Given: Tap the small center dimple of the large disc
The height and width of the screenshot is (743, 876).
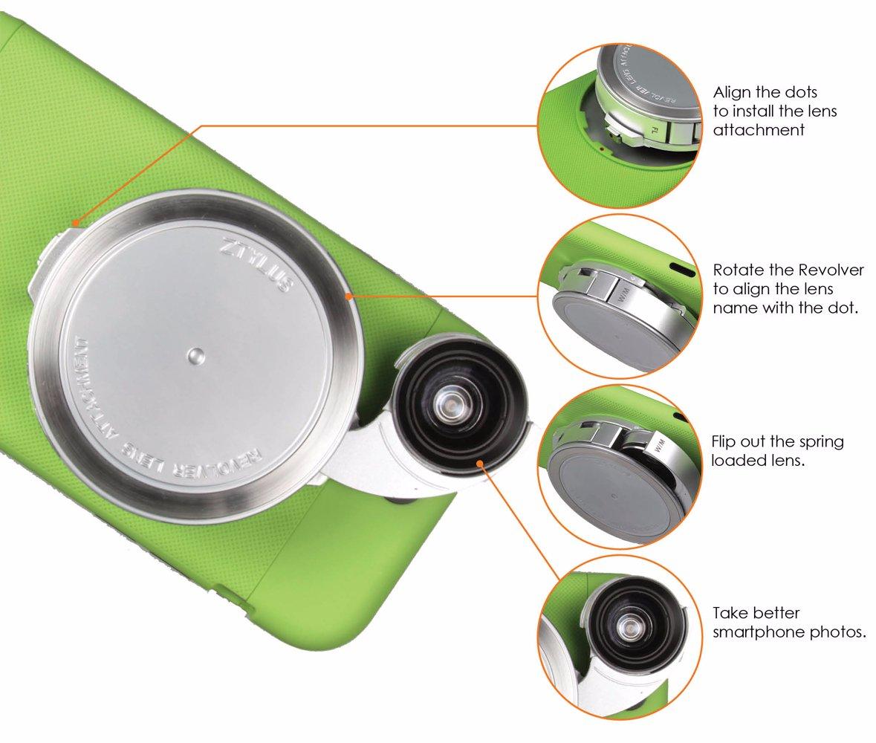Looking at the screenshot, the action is click(195, 355).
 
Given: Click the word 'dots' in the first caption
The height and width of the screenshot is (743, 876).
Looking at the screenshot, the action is click(802, 92).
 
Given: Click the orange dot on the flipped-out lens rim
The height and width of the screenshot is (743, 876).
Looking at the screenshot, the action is click(479, 463).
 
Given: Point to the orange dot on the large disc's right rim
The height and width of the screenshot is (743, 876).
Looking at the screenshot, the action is click(349, 296).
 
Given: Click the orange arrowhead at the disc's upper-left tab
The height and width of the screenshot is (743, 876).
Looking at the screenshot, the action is click(74, 224).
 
